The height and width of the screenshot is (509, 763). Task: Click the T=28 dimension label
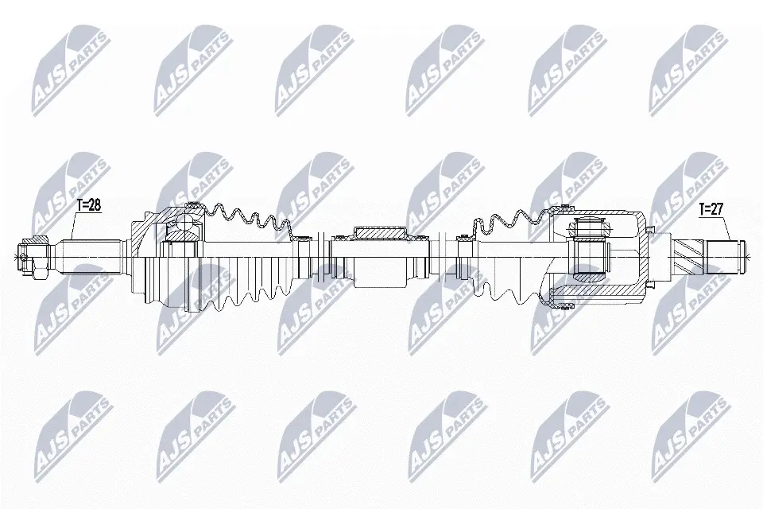coord(88,205)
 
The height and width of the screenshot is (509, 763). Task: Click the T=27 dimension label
coord(711,209)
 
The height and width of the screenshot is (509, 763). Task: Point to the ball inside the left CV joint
coord(184,225)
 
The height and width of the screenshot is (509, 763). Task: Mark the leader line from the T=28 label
coord(74,225)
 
